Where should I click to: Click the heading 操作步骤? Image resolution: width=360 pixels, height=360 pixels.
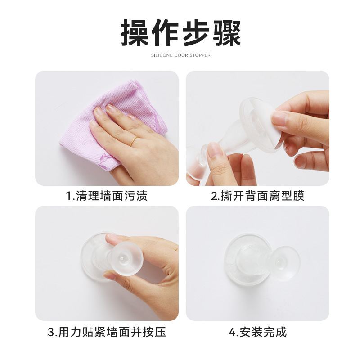pyautogui.click(x=181, y=32)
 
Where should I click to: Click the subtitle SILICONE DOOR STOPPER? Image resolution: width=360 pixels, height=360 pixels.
pyautogui.click(x=181, y=55)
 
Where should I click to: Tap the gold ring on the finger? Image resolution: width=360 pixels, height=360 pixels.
pyautogui.click(x=133, y=141)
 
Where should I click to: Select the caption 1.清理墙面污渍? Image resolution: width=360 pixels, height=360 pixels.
pyautogui.click(x=107, y=196)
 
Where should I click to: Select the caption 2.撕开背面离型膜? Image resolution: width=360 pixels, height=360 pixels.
pyautogui.click(x=257, y=196)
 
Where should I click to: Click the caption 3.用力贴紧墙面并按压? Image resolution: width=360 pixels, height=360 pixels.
pyautogui.click(x=107, y=332)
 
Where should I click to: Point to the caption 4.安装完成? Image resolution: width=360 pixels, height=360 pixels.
pyautogui.click(x=257, y=332)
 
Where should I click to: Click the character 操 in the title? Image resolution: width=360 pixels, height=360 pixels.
pyautogui.click(x=135, y=32)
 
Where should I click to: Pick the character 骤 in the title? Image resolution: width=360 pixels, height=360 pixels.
pyautogui.click(x=227, y=32)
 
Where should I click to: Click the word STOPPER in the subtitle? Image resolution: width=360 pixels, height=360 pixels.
pyautogui.click(x=200, y=55)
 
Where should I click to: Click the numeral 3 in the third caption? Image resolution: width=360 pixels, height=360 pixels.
pyautogui.click(x=51, y=332)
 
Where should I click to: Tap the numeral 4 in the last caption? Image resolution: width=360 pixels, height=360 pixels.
pyautogui.click(x=232, y=332)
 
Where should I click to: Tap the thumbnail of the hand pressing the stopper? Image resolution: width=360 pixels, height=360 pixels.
pyautogui.click(x=107, y=263)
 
